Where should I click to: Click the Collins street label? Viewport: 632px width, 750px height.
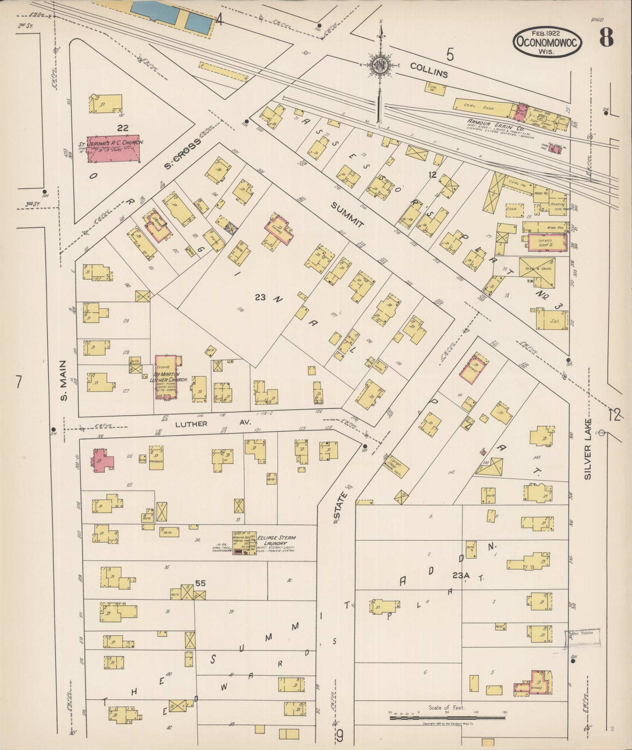tap(429, 70)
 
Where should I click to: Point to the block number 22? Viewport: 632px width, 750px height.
tap(123, 128)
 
